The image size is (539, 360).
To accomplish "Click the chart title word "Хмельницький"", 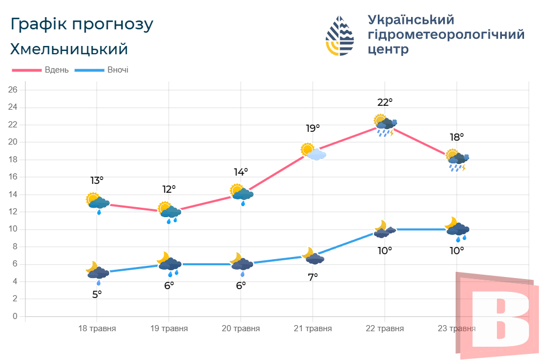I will point(69,49).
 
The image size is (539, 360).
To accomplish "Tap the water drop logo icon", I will point(340,35).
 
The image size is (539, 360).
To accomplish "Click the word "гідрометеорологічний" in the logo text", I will point(446,34).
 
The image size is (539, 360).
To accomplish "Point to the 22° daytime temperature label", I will point(385,102).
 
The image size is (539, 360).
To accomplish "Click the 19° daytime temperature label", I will point(313,128).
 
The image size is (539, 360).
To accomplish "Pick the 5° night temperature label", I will point(97,294).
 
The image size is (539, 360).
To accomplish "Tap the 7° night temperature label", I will point(313,277).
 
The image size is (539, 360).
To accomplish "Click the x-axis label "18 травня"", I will point(97,328).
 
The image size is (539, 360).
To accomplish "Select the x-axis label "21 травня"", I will point(313,328).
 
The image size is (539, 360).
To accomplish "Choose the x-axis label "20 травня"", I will point(241,328).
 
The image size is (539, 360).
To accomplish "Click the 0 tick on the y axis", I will point(16,316).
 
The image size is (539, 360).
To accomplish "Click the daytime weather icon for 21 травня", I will point(314,151).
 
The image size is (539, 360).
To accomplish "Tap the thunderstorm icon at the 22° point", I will point(385,125).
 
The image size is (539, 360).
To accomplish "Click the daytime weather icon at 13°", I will point(97,202).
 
